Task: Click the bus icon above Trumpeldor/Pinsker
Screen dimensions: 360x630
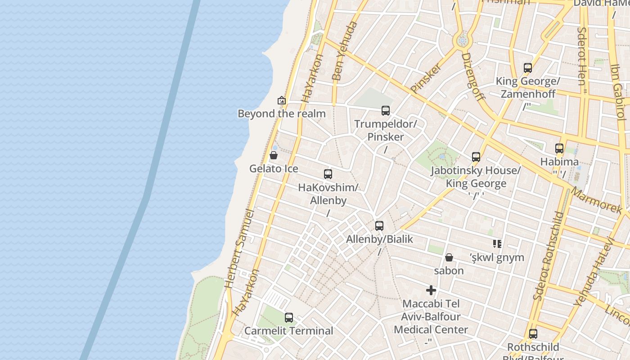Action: click(386, 111)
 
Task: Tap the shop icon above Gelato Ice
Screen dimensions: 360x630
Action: click(273, 156)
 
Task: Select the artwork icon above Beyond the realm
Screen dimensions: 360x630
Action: click(282, 100)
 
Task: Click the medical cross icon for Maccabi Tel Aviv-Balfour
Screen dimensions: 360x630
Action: click(431, 290)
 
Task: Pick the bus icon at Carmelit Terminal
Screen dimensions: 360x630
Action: click(289, 318)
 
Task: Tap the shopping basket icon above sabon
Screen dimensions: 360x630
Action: click(449, 257)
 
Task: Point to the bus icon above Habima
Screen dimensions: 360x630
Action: click(559, 148)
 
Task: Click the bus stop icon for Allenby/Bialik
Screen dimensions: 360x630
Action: click(379, 226)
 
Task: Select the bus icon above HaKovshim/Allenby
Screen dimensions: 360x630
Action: click(328, 174)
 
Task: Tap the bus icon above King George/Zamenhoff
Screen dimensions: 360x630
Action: click(528, 68)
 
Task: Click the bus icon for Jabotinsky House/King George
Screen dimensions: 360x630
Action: click(476, 157)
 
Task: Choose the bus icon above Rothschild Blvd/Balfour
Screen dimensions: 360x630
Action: click(533, 334)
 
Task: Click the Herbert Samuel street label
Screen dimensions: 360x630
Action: click(239, 248)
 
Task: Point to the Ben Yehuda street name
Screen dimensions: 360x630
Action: click(344, 50)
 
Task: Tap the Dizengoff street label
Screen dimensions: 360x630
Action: click(473, 76)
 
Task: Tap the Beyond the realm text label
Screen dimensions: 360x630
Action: click(282, 114)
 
